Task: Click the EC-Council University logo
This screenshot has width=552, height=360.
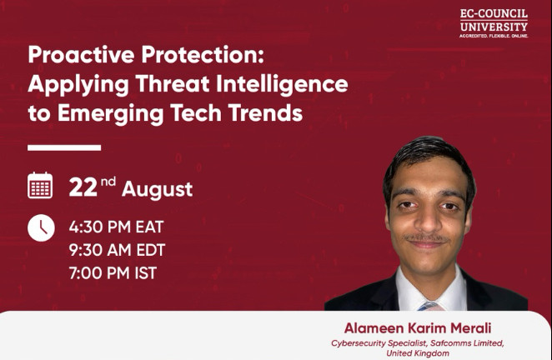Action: click(x=494, y=23)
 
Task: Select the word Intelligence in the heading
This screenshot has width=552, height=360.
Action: click(x=282, y=85)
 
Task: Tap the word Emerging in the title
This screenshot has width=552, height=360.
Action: click(x=111, y=114)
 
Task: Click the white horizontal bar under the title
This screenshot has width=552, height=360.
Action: click(x=64, y=147)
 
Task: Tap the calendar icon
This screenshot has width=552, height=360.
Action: click(x=40, y=186)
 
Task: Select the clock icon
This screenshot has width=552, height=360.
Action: click(x=41, y=227)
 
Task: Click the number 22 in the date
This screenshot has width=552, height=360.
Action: click(x=83, y=187)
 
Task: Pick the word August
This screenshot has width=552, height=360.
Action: click(x=157, y=190)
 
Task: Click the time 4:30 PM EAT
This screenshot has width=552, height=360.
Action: click(x=116, y=227)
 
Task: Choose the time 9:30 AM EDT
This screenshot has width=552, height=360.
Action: click(x=117, y=250)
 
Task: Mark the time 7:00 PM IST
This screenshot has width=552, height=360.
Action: click(x=113, y=273)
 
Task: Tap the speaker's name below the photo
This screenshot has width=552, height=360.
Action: click(x=418, y=328)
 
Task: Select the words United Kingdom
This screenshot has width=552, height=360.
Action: click(x=418, y=353)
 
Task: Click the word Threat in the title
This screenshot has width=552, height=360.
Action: click(x=173, y=84)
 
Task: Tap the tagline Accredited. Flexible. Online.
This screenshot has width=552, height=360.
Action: click(x=494, y=36)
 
